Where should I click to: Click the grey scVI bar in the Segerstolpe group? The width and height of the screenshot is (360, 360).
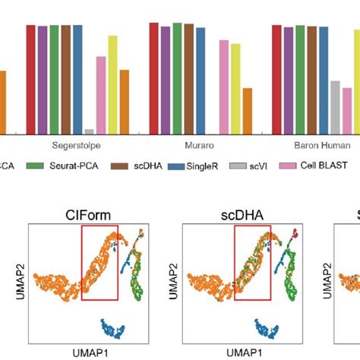click(x=90, y=131)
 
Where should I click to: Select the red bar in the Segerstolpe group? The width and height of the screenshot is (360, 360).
click(x=30, y=79)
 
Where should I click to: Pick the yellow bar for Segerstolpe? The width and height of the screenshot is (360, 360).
click(x=112, y=84)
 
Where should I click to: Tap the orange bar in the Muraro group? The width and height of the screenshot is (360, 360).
click(x=247, y=111)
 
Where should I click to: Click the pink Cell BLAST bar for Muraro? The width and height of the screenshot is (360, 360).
click(x=224, y=87)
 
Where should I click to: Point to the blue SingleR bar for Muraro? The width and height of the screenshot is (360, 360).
click(x=200, y=79)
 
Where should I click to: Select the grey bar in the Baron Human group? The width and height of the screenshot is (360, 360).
click(x=335, y=107)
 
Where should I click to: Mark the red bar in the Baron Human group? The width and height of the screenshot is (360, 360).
click(x=277, y=80)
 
